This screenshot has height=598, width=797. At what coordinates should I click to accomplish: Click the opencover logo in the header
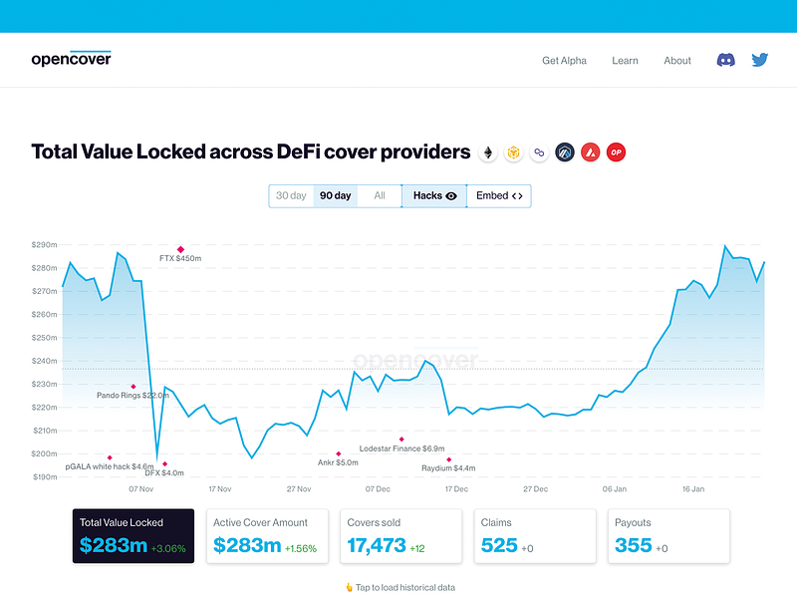71,59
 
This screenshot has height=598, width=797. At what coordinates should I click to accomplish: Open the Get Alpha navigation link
564,61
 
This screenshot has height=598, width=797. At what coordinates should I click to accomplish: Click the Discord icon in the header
726,60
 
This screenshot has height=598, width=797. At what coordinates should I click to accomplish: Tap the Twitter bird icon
760,60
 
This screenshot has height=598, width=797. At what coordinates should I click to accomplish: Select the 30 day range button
291,196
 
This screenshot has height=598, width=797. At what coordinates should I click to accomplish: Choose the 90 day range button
335,196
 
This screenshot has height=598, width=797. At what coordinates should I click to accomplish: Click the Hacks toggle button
434,196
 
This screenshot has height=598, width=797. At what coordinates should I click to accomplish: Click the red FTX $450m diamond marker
180,249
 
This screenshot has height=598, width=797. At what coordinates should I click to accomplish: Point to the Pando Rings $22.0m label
133,396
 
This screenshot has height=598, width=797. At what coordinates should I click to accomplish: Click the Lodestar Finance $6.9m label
401,449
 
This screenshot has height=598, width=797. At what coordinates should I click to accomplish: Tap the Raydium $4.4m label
448,467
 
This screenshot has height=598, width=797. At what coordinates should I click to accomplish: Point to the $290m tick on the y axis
44,244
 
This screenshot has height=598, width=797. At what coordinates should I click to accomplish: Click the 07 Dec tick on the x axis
378,489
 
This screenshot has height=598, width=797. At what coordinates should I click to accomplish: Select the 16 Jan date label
693,489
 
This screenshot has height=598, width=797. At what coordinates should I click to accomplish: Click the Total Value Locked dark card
133,536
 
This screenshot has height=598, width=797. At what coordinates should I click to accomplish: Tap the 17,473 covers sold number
377,545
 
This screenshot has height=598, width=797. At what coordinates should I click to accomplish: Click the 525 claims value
499,545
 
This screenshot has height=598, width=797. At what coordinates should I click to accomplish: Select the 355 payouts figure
634,545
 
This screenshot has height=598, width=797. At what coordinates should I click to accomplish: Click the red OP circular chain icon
617,152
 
